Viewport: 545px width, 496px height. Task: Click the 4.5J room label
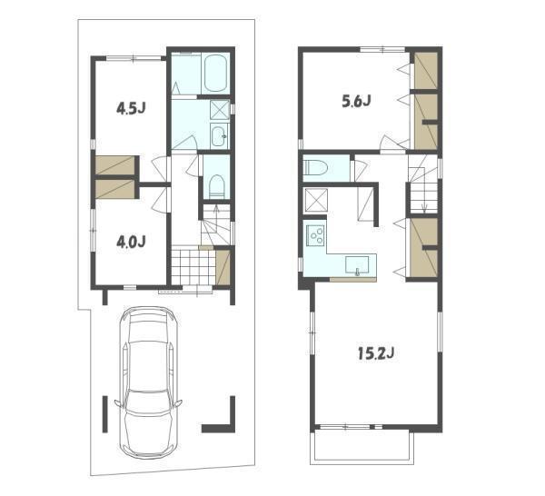131,109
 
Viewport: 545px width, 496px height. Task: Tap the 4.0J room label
131,242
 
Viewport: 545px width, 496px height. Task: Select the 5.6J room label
356,101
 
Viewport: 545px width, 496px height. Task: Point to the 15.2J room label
376,353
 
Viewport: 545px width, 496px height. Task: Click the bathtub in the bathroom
215,74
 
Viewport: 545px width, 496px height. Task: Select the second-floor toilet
316,168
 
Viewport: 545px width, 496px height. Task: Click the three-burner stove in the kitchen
315,235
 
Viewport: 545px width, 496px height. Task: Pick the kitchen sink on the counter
357,265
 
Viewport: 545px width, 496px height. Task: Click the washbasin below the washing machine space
219,136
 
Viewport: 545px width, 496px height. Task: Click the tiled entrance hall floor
193,267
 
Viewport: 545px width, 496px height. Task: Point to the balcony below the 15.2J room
362,447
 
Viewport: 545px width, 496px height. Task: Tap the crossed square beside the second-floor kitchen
316,200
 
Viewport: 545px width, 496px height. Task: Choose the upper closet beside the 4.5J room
115,165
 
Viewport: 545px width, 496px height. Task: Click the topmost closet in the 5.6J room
426,71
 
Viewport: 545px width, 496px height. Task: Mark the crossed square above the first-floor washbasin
220,110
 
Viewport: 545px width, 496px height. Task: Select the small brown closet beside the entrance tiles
223,267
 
